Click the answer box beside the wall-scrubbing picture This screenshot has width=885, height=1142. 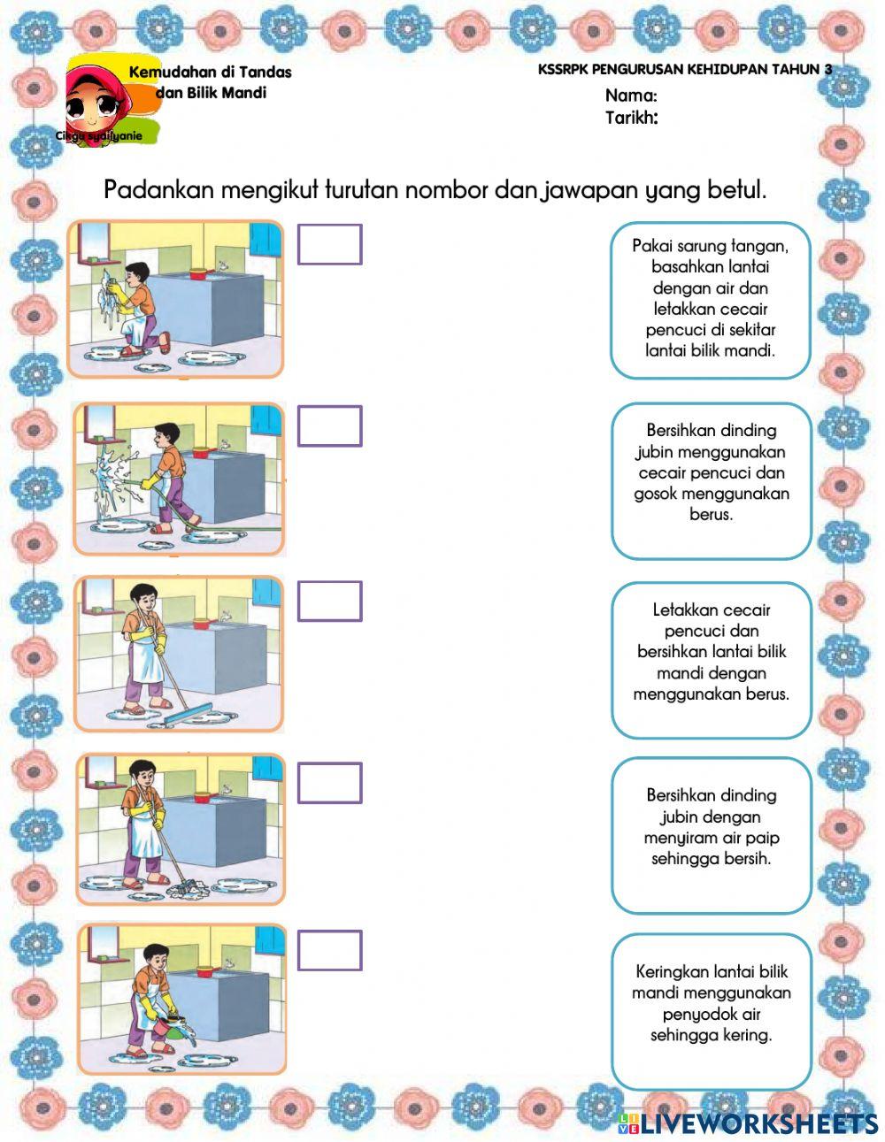pos(329,244)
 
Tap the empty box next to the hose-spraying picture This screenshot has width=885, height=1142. pos(329,425)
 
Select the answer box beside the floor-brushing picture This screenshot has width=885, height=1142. pos(329,601)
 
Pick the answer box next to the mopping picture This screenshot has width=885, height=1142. pos(329,783)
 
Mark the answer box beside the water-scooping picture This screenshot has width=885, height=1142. pos(329,950)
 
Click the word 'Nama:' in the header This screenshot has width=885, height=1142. pos(631,96)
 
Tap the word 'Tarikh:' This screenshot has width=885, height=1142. pos(631,118)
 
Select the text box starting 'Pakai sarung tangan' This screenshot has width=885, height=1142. pos(711,298)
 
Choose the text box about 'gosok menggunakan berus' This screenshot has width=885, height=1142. pos(711,480)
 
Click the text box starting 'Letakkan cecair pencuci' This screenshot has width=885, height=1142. pos(711,660)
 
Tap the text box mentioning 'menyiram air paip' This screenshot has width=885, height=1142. pos(711,835)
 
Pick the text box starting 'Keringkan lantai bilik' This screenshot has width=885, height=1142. pos(711,1011)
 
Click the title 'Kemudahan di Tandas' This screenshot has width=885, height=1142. pos(210,72)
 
